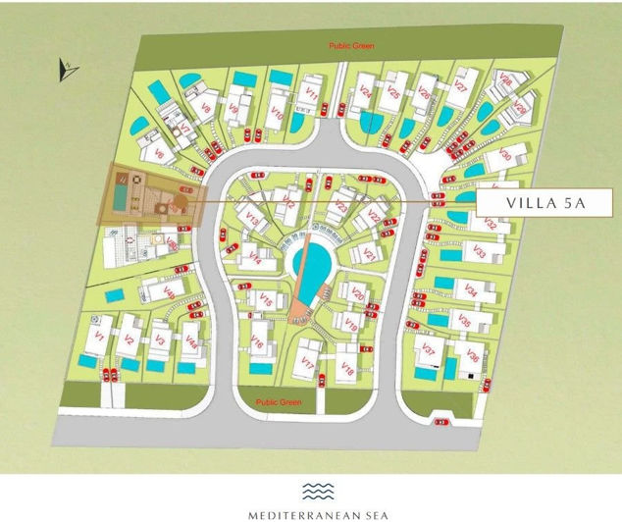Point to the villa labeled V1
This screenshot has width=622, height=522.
point(97,338)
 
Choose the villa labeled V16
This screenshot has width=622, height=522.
point(257,342)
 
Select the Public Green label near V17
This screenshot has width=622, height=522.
point(276,403)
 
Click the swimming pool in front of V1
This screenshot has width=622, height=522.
point(87,363)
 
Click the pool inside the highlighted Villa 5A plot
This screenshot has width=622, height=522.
point(119,198)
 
